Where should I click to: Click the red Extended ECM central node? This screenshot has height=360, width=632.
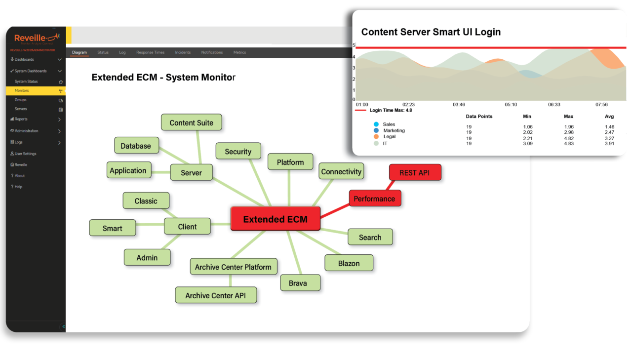tap(275, 219)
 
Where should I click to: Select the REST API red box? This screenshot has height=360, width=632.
tap(415, 172)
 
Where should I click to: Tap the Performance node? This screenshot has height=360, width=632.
tap(374, 199)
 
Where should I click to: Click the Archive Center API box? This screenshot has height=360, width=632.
tap(215, 295)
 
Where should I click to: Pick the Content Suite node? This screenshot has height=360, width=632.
tap(191, 122)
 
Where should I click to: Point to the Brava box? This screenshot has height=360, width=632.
tap(298, 283)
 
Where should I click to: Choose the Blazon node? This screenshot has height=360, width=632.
tap(349, 263)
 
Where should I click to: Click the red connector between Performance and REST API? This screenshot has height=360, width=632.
tap(391, 185)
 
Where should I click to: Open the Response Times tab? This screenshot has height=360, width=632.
tap(150, 52)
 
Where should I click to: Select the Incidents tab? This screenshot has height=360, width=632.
tap(183, 52)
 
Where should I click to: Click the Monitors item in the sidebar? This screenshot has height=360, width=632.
tap(22, 91)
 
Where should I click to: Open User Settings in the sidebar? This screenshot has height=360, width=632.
tap(25, 154)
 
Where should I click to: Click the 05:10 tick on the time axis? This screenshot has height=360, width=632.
tap(511, 105)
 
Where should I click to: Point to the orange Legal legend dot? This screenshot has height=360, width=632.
tap(376, 137)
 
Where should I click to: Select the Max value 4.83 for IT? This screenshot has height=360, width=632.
tap(568, 144)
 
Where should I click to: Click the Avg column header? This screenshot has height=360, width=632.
tap(609, 117)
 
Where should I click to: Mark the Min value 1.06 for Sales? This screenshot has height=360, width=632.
tap(527, 127)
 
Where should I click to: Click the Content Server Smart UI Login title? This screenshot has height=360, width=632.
tap(431, 32)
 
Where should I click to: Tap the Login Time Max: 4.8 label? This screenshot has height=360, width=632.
tap(391, 110)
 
